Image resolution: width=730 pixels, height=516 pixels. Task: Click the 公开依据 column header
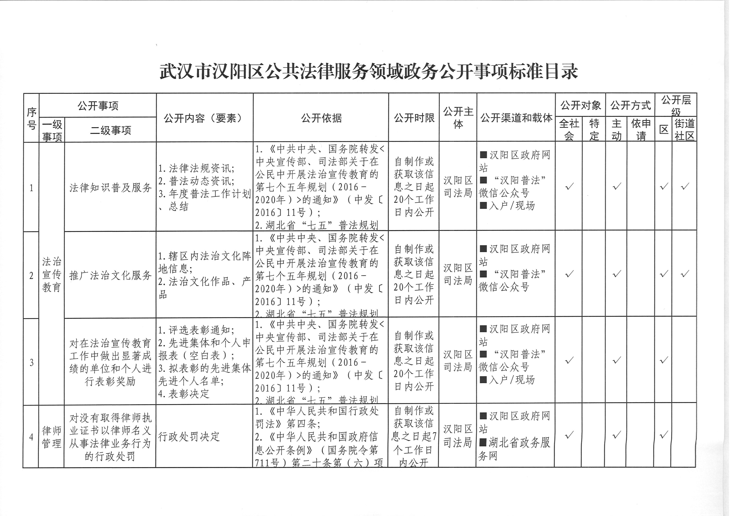pyautogui.click(x=321, y=118)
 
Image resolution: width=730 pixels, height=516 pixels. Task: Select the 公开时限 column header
pyautogui.click(x=414, y=118)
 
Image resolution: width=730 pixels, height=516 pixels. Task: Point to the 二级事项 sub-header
pyautogui.click(x=110, y=130)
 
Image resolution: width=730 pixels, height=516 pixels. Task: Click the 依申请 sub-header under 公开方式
pyautogui.click(x=641, y=130)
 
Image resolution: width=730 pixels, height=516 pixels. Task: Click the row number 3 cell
pyautogui.click(x=31, y=362)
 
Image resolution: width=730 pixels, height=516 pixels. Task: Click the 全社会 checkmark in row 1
pyautogui.click(x=569, y=186)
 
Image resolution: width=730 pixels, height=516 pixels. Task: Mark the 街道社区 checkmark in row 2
pyautogui.click(x=685, y=274)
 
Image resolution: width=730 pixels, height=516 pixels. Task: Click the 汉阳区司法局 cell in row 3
pyautogui.click(x=458, y=361)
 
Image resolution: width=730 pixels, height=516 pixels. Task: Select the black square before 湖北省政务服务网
pyautogui.click(x=483, y=442)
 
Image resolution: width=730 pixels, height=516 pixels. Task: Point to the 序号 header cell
pyautogui.click(x=31, y=118)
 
